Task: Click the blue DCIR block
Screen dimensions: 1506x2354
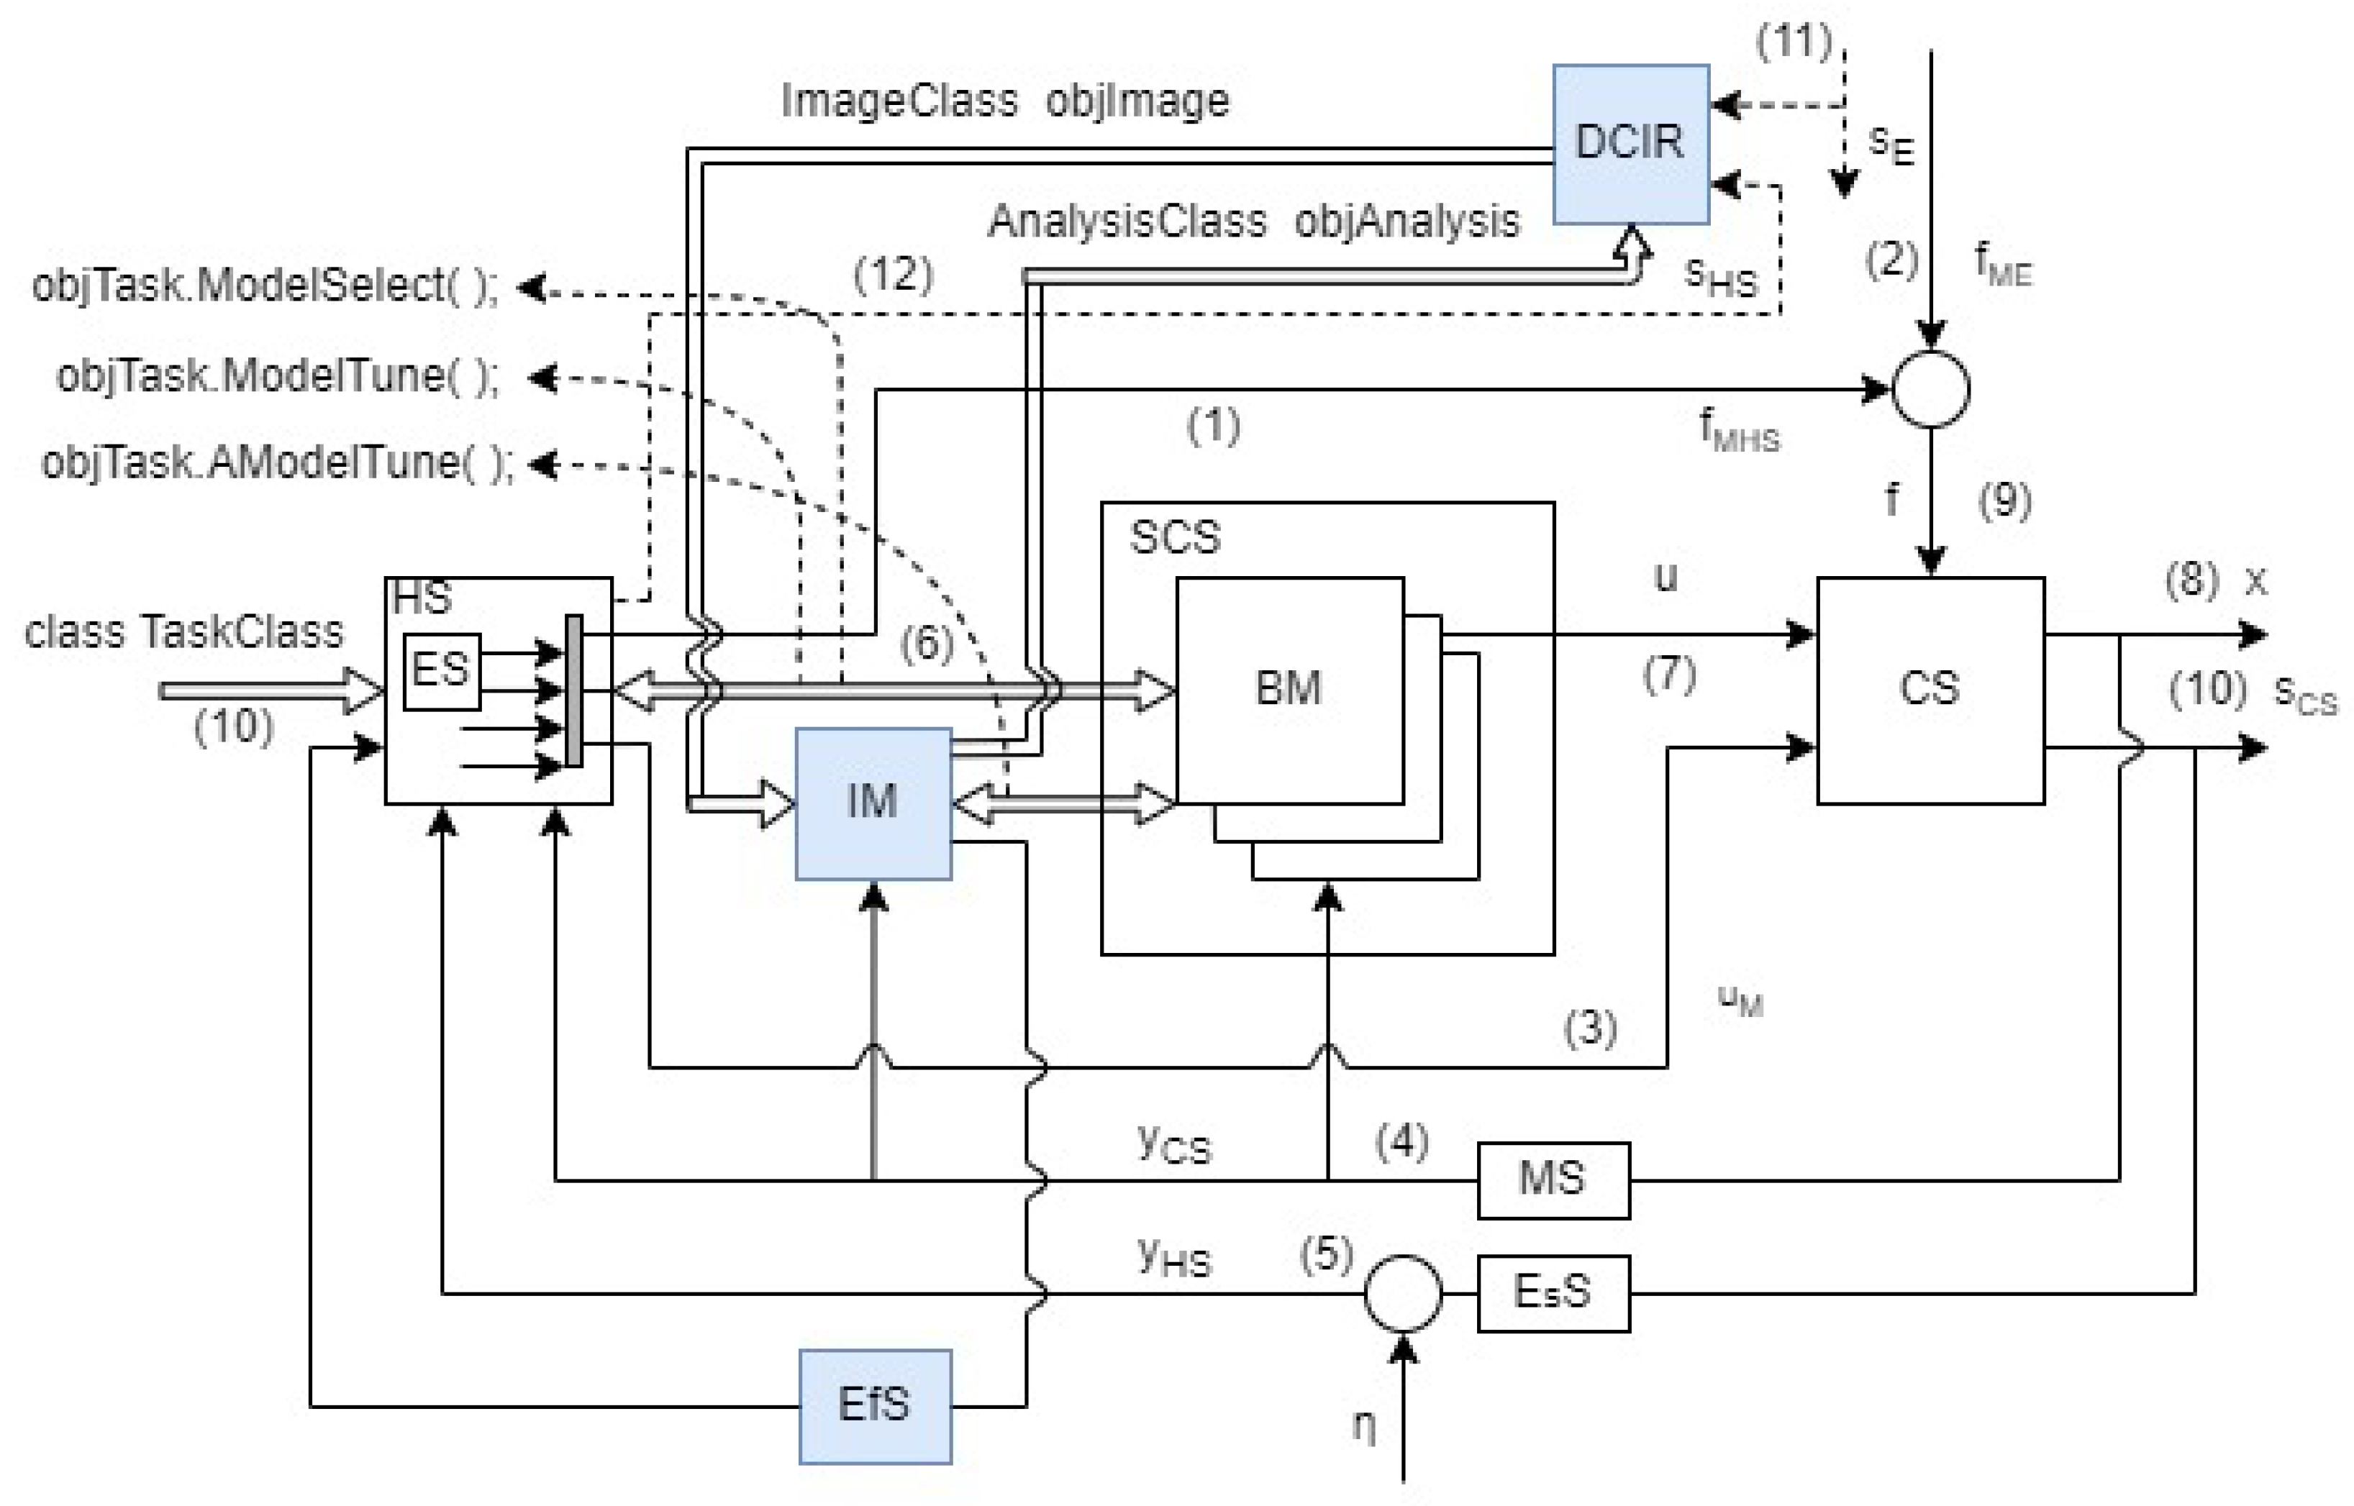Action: point(1630,144)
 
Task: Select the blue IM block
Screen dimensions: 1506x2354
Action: point(873,803)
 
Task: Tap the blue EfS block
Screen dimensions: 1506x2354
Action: point(874,1405)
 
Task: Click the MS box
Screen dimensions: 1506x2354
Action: point(1552,1179)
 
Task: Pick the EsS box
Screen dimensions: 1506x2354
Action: point(1552,1293)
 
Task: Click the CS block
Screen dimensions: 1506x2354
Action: point(1930,690)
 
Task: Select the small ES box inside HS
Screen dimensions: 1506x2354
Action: point(441,671)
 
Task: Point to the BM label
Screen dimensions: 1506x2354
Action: point(1288,688)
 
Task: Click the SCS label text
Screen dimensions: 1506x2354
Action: point(1175,537)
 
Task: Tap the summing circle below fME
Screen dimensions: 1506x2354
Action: point(1930,389)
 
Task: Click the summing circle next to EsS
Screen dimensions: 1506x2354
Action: point(1402,1293)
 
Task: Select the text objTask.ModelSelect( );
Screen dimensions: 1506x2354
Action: point(265,286)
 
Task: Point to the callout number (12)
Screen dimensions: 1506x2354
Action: point(893,274)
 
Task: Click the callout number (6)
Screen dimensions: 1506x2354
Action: point(925,644)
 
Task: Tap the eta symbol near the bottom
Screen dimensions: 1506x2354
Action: point(1363,1426)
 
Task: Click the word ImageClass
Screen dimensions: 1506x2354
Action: point(899,101)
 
